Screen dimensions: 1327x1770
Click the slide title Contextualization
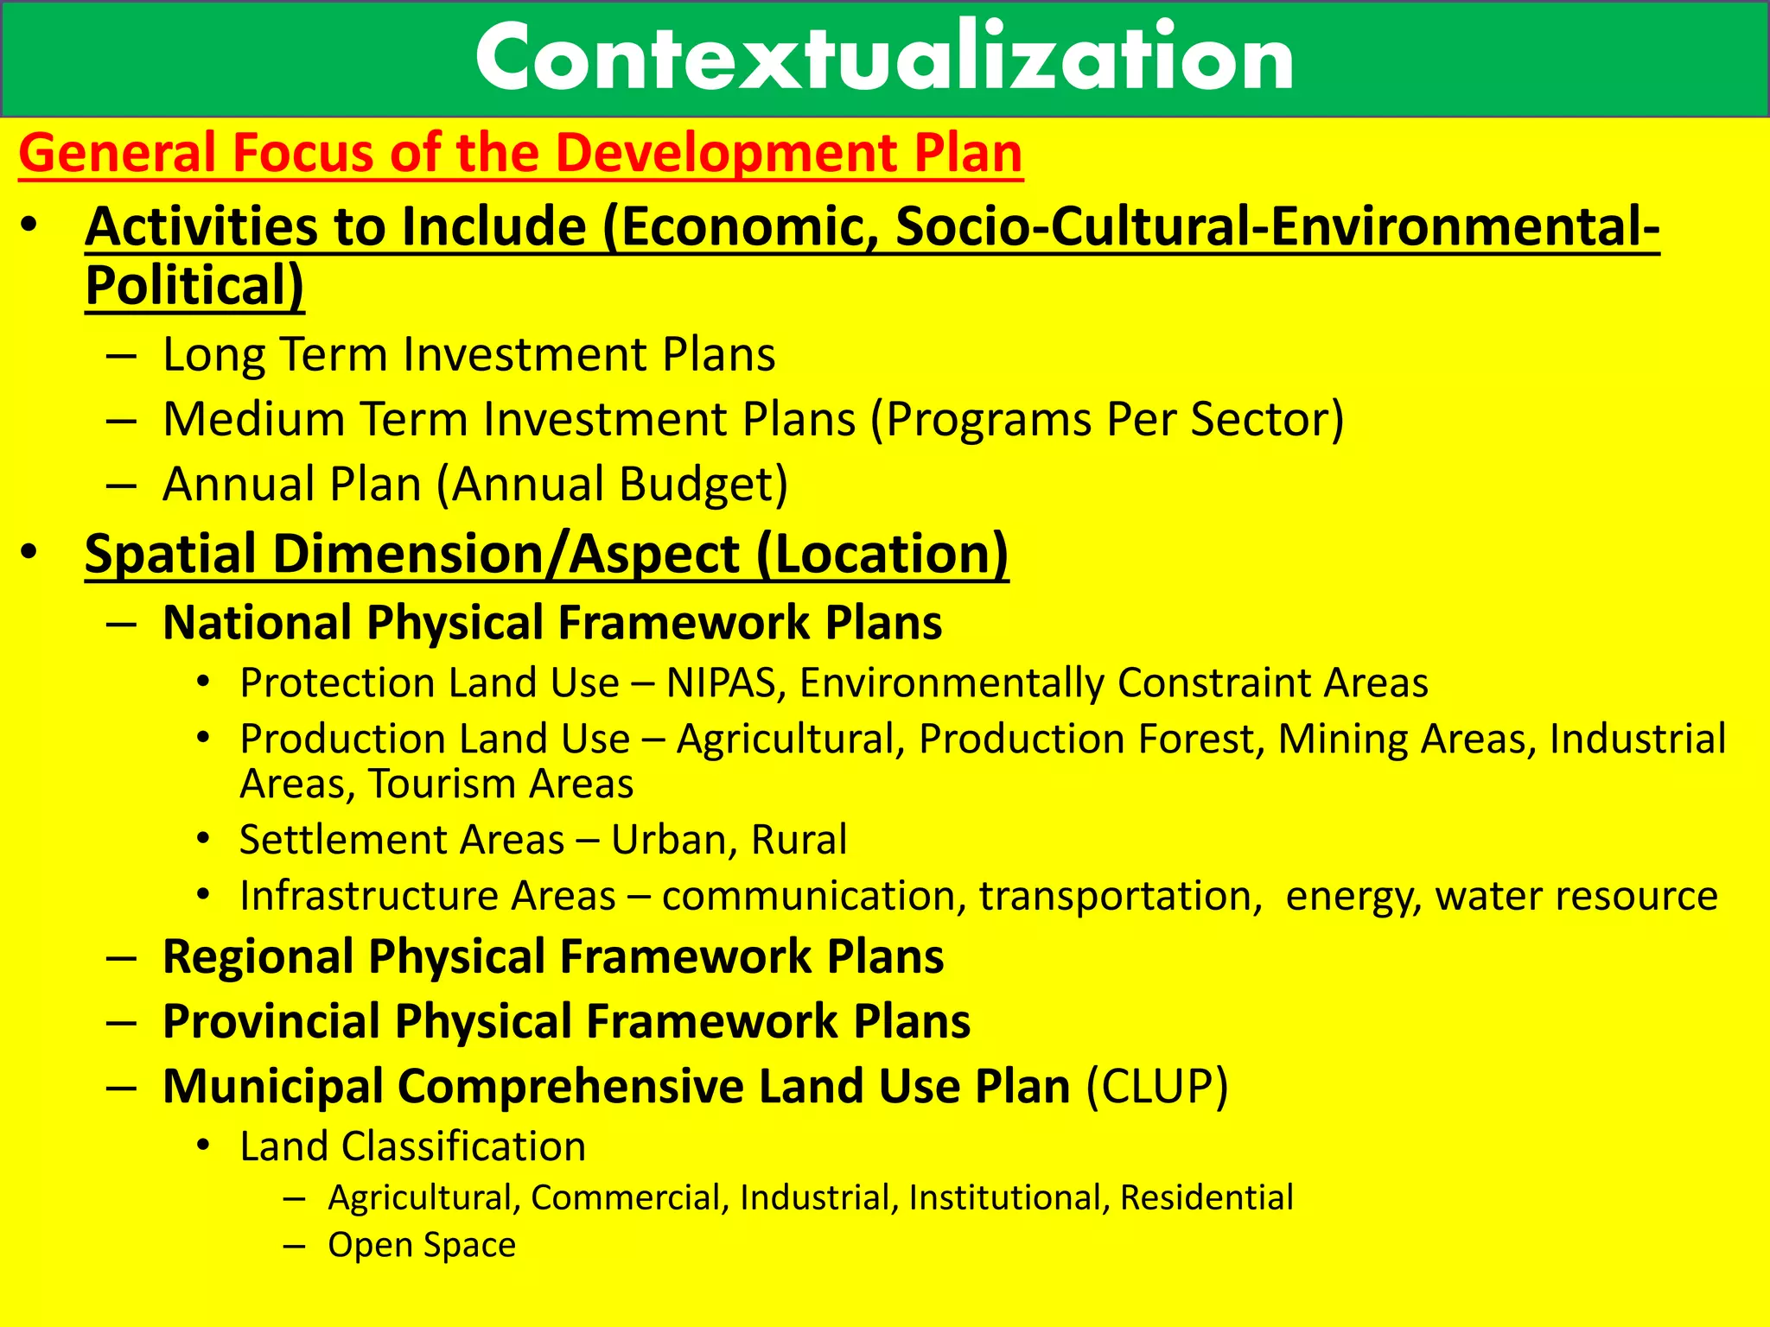pos(883,59)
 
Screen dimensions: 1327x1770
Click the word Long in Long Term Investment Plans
pos(213,355)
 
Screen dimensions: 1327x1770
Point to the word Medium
pos(254,419)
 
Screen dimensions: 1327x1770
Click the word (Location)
pos(882,554)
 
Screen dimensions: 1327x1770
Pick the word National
pos(257,623)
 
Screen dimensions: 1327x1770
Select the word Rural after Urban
pos(799,840)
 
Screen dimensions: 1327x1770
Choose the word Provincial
pos(271,1021)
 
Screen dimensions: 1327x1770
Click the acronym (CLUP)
pos(1156,1086)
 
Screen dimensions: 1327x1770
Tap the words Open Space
pos(422,1245)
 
